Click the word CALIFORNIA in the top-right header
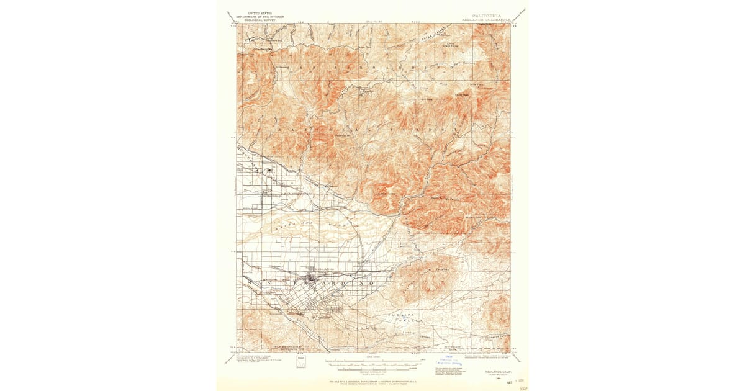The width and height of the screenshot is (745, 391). tap(487, 16)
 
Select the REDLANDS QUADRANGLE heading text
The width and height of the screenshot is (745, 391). tap(487, 20)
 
